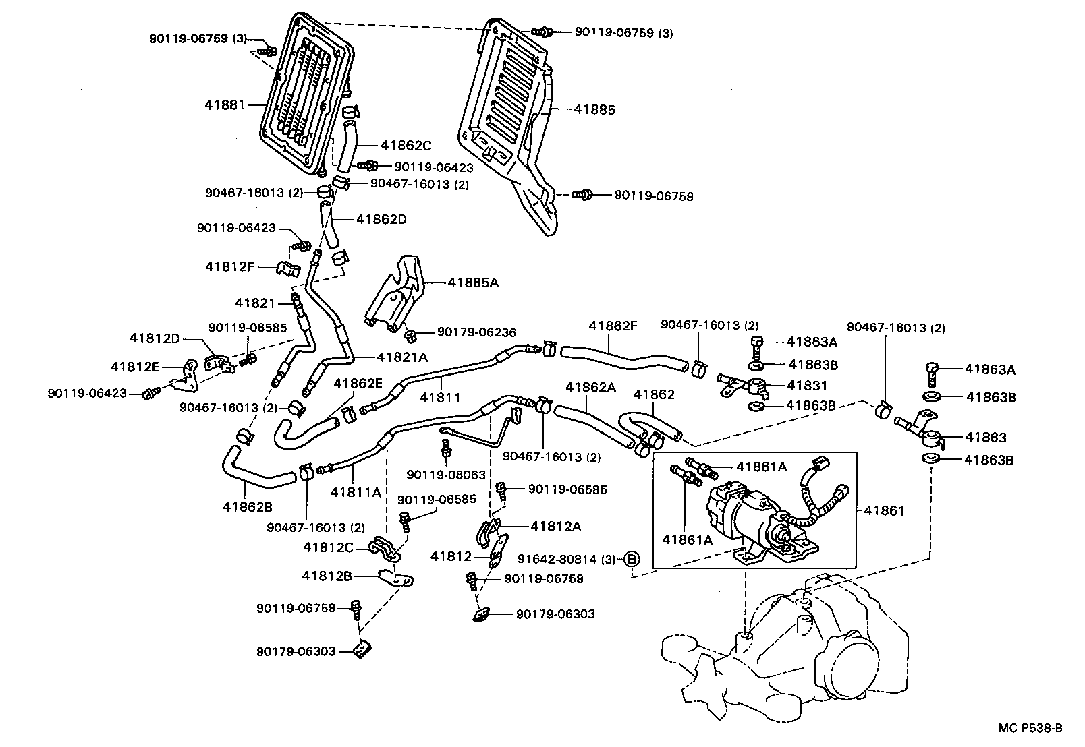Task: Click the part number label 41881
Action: click(225, 104)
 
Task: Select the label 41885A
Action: click(472, 282)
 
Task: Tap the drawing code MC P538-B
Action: click(1030, 728)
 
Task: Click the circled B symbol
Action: click(631, 559)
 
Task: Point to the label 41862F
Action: click(612, 325)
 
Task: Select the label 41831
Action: click(806, 386)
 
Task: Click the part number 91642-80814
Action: click(557, 559)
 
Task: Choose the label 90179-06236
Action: click(476, 332)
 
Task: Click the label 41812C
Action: click(328, 547)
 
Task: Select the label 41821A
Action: click(402, 357)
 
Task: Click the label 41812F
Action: click(229, 266)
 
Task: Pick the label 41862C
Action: click(406, 145)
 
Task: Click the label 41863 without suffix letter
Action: click(984, 438)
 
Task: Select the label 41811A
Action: click(356, 492)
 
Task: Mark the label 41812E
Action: click(135, 367)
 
